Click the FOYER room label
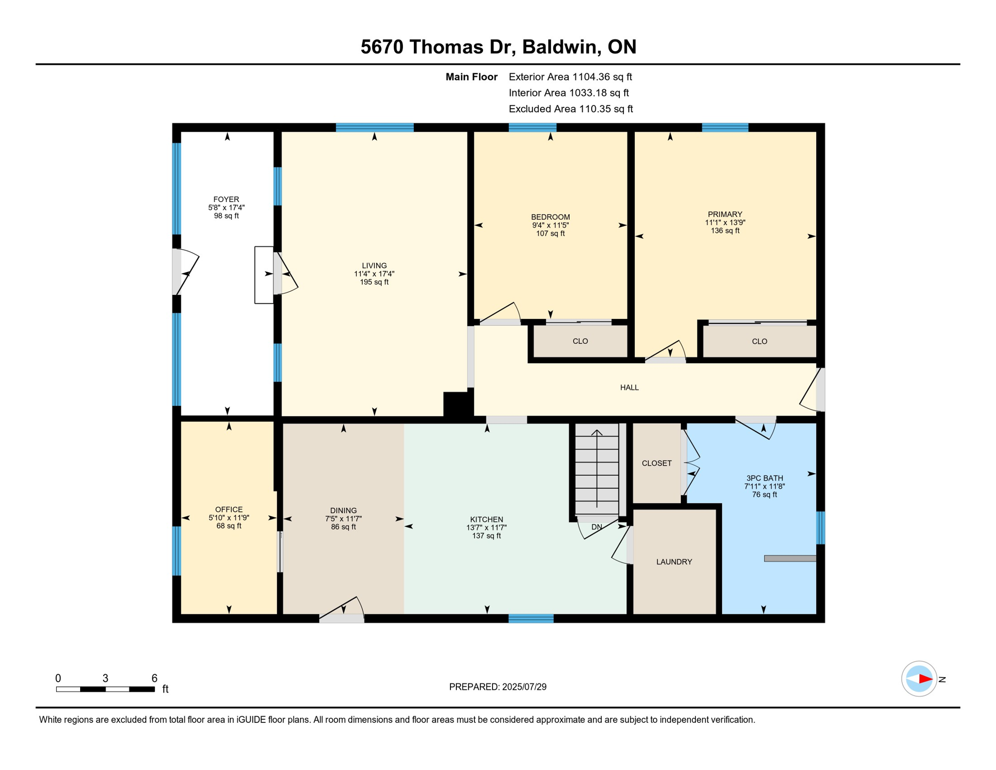[x=226, y=200]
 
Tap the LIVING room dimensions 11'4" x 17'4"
[x=374, y=274]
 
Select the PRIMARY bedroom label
[x=725, y=215]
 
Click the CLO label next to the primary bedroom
[x=760, y=342]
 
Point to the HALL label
[x=629, y=388]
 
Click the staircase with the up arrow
[x=597, y=469]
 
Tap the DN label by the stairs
[x=596, y=527]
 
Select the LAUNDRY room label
[x=674, y=562]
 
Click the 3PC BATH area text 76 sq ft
[x=764, y=495]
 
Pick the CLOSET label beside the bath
[x=656, y=463]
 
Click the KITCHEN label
[x=486, y=519]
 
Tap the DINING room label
[x=343, y=511]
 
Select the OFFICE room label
[x=229, y=509]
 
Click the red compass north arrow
[x=925, y=679]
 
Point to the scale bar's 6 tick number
[x=154, y=678]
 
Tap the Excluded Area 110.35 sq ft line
[x=571, y=109]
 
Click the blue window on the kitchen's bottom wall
[x=531, y=619]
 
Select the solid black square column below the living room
[x=457, y=404]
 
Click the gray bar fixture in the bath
[x=790, y=558]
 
